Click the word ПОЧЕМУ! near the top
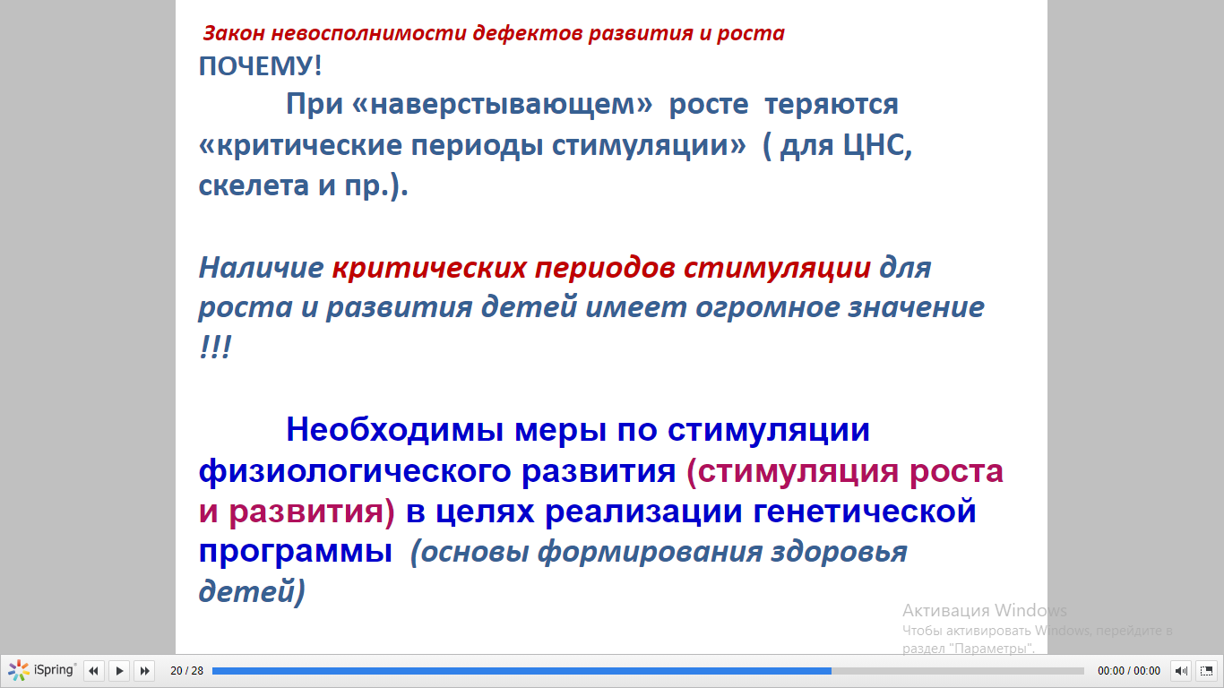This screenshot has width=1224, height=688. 260,66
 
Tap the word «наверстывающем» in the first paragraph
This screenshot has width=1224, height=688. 502,104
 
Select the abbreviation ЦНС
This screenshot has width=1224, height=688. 876,145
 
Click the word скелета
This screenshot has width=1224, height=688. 254,185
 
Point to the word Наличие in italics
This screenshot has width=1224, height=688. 261,268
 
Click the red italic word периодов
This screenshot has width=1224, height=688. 605,269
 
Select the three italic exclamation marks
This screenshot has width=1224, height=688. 215,347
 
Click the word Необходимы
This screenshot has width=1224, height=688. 394,429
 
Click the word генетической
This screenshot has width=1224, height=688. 865,512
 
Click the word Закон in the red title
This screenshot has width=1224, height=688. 234,33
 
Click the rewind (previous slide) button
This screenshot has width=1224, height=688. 94,670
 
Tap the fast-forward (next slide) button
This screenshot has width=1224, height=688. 145,670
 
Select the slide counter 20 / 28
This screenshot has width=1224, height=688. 187,670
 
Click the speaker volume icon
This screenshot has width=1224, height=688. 1181,670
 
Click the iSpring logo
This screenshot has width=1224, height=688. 42,670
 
